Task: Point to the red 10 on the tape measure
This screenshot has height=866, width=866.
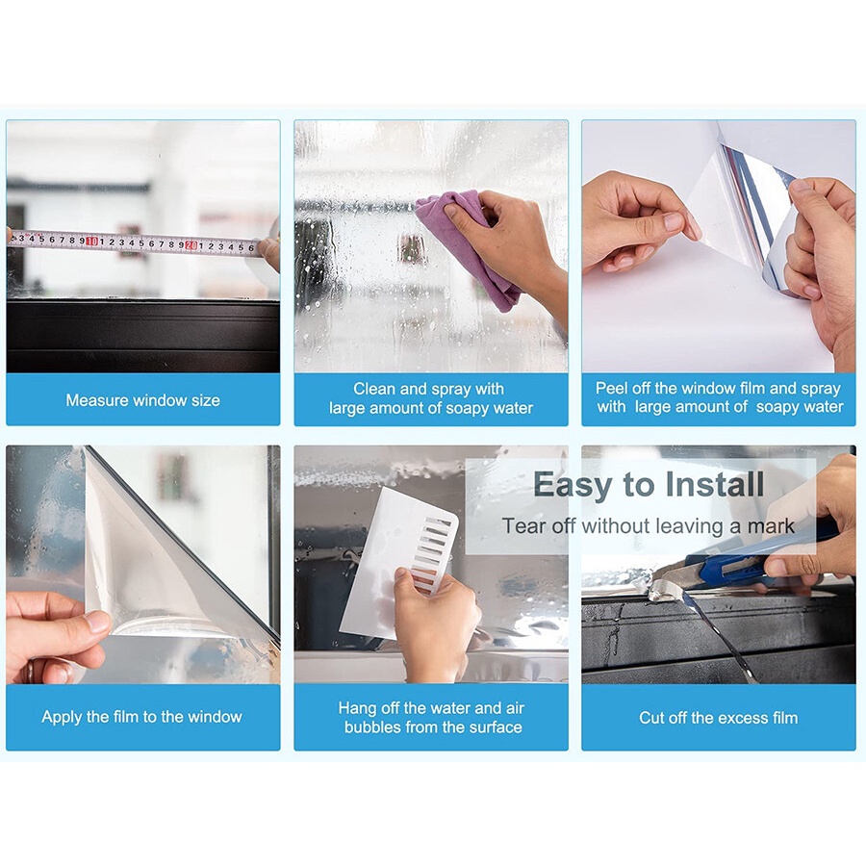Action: click(91, 241)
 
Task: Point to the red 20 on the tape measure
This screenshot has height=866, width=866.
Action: click(191, 244)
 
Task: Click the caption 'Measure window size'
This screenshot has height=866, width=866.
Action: click(142, 400)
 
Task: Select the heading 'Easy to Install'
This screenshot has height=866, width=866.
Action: click(649, 485)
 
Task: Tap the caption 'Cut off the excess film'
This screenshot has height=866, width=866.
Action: click(718, 718)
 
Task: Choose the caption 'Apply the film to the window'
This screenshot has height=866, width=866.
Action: click(142, 716)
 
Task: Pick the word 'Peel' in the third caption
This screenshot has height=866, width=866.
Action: click(612, 389)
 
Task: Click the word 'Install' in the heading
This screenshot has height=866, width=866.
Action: click(715, 485)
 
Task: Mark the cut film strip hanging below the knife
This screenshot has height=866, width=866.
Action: click(718, 635)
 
